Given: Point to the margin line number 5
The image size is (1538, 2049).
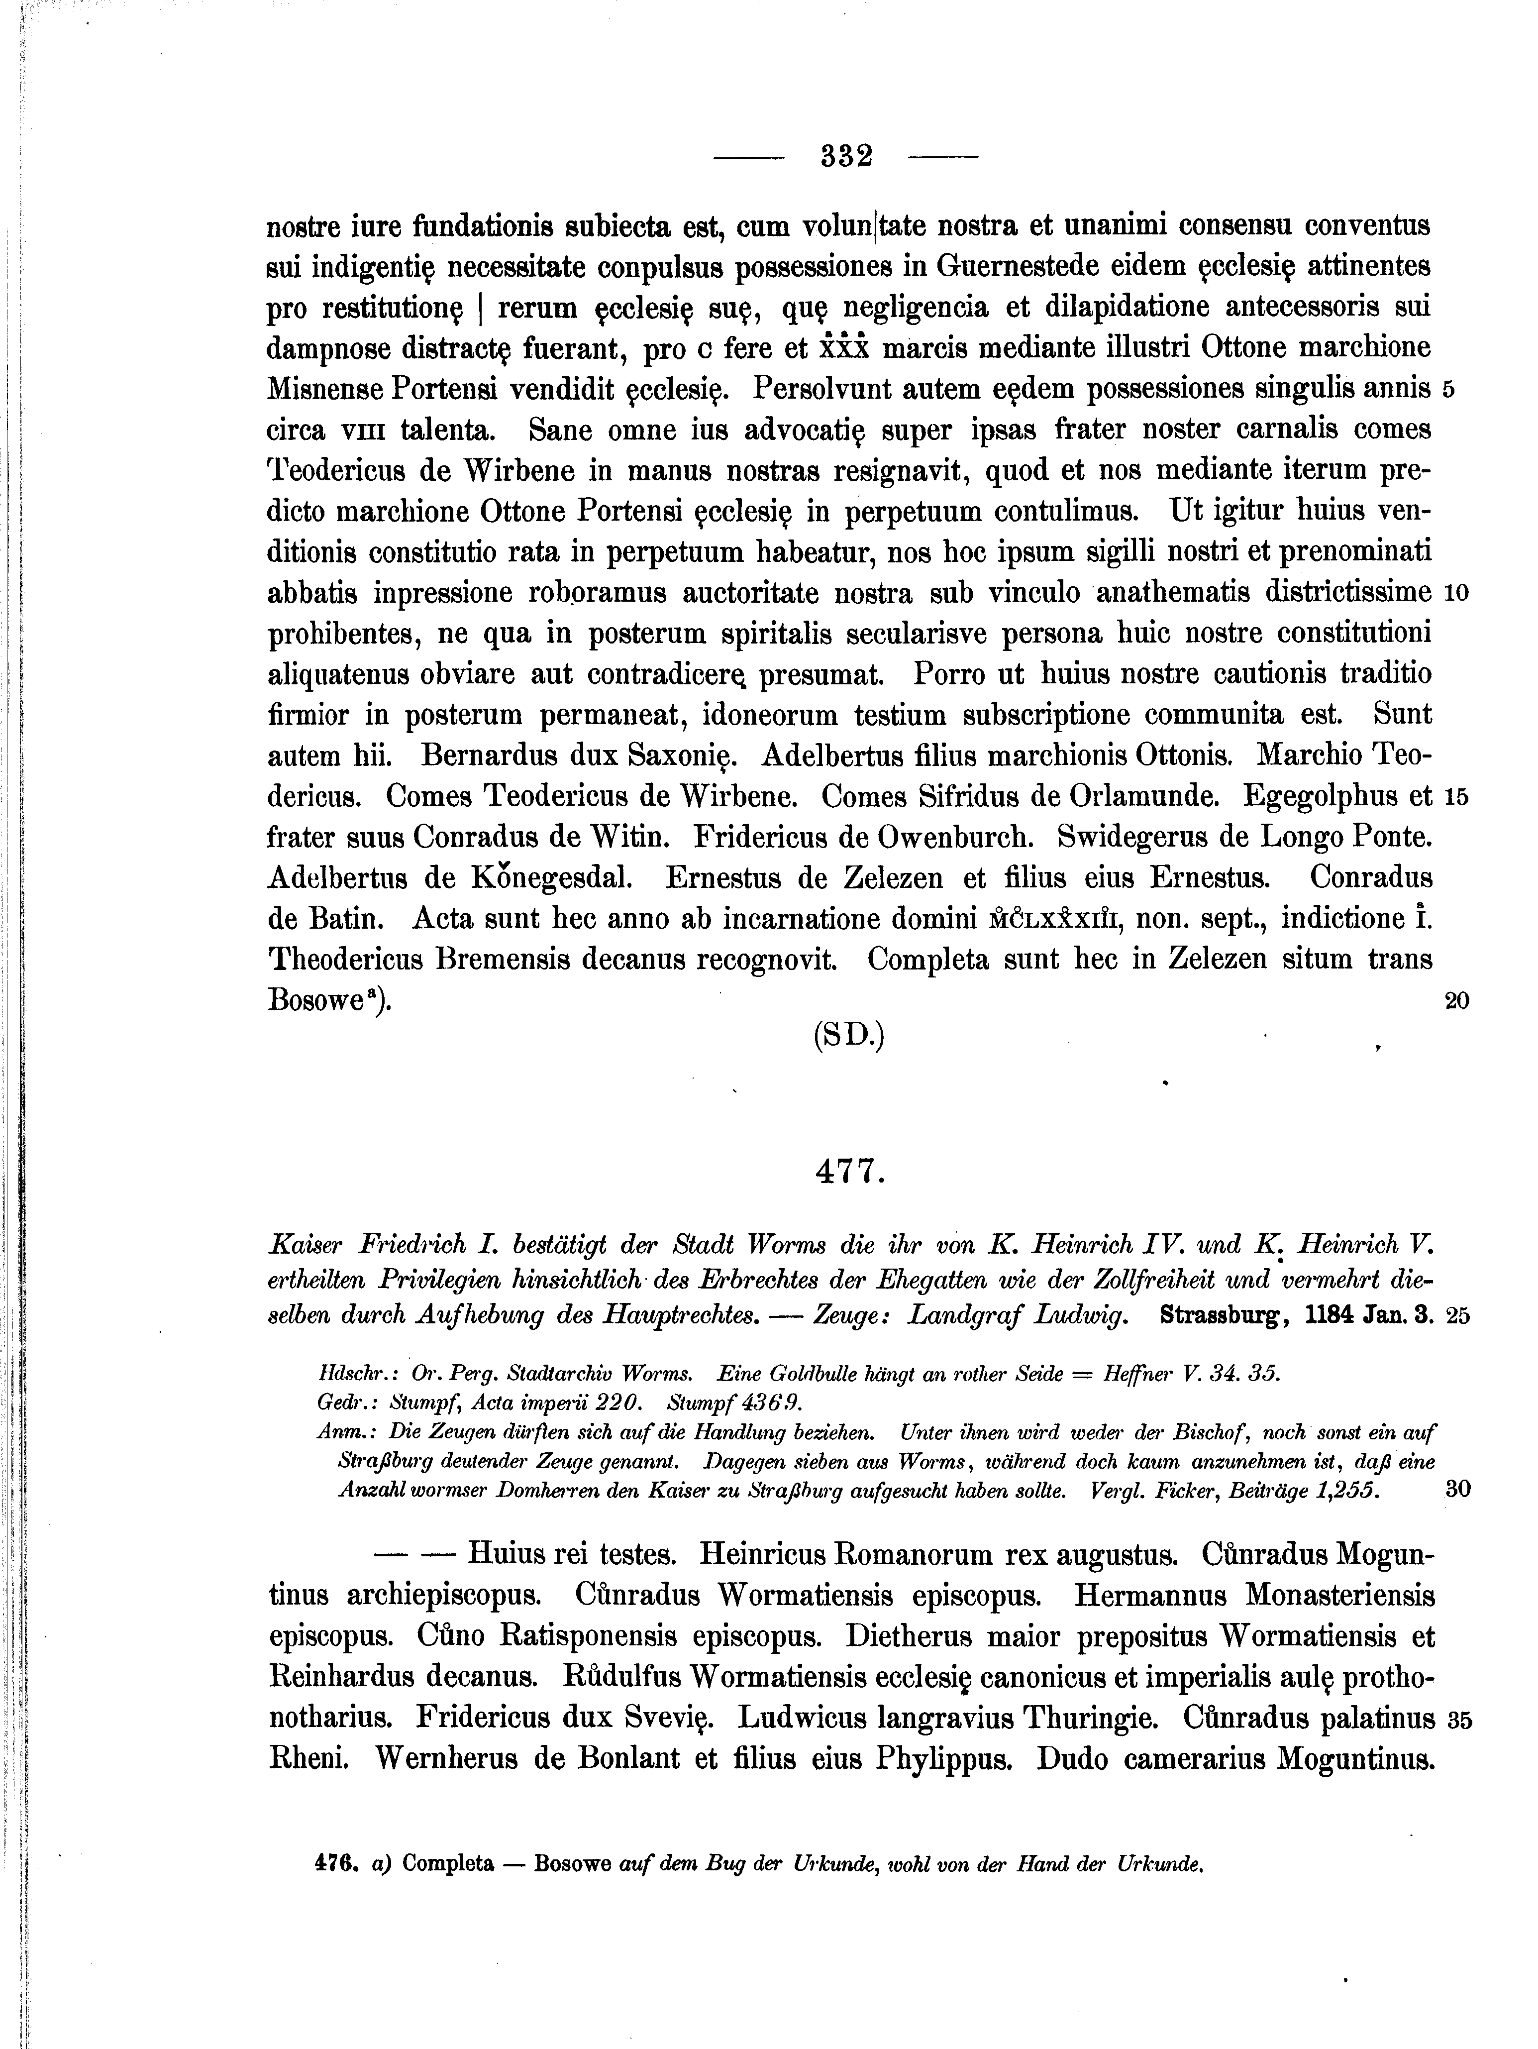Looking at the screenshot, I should (x=1449, y=390).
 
